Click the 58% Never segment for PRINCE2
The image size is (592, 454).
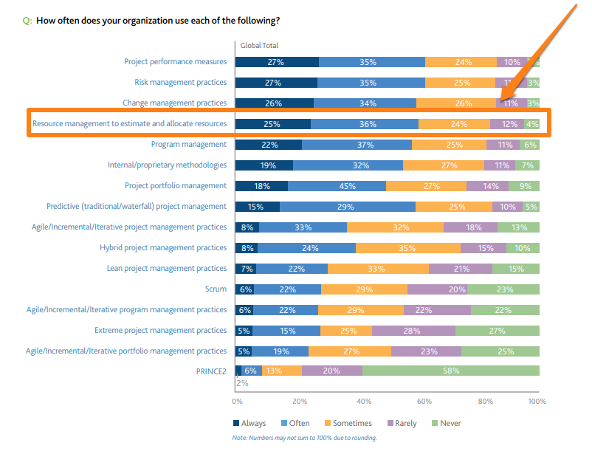[450, 371]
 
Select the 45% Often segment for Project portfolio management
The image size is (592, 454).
[337, 186]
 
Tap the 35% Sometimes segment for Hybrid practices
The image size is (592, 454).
[407, 248]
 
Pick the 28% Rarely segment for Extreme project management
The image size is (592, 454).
[413, 331]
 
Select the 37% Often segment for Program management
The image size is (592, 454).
[357, 145]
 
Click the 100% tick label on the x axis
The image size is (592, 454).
[537, 402]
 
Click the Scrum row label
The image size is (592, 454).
[216, 289]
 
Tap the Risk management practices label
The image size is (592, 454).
[180, 83]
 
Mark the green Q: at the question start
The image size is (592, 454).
[27, 21]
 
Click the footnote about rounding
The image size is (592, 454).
[304, 438]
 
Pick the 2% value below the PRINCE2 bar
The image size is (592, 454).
[242, 384]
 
